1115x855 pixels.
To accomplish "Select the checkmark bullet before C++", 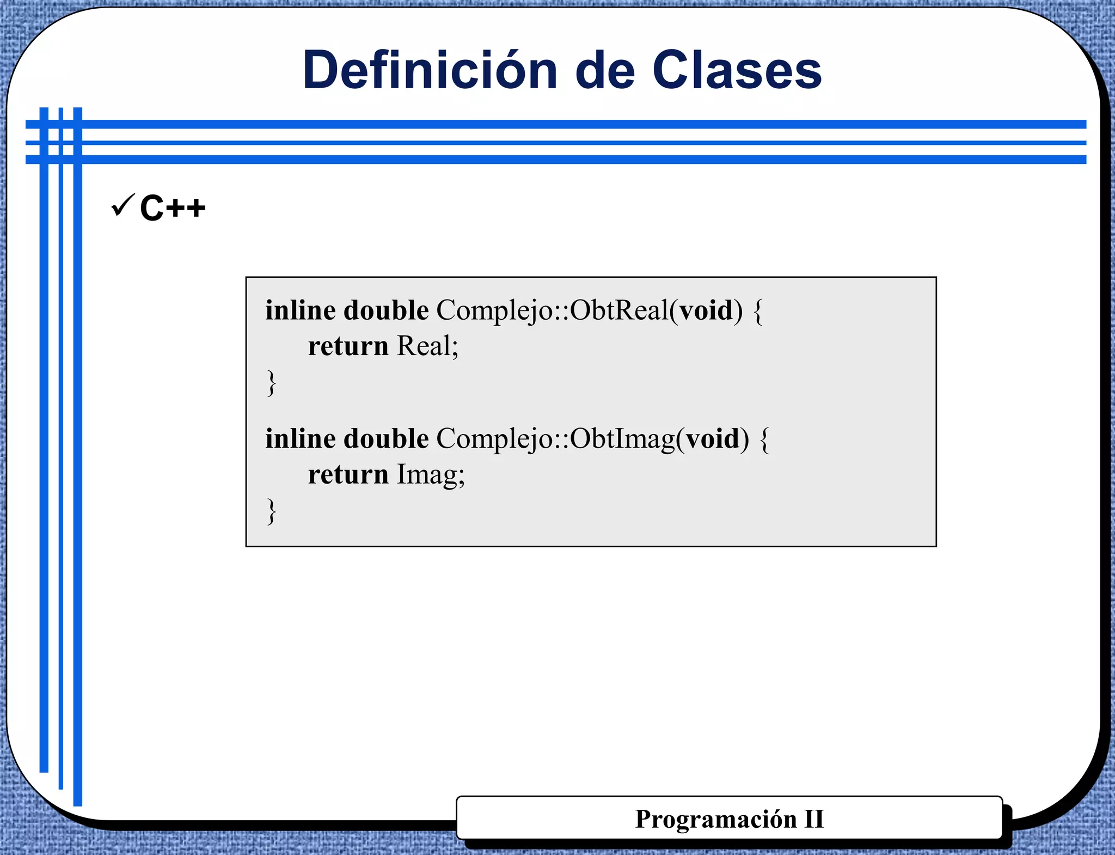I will [x=122, y=205].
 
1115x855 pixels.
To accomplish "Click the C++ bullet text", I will [x=173, y=207].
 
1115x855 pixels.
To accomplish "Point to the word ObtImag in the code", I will [x=622, y=439].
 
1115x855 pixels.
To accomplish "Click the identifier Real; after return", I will [x=427, y=346].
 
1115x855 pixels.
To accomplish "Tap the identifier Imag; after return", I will [x=430, y=474].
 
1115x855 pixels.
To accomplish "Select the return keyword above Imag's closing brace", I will [x=348, y=474].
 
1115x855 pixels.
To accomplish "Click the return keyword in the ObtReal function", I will [x=348, y=346].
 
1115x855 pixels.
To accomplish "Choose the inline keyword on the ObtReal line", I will [x=301, y=310].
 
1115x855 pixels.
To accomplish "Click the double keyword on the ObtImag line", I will [x=386, y=439].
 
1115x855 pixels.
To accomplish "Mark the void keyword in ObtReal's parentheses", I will [x=706, y=310].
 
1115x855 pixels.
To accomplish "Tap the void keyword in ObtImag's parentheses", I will [x=713, y=439].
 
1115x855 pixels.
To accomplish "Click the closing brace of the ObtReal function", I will [x=271, y=383].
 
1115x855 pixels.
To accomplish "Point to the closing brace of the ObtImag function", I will [x=271, y=511].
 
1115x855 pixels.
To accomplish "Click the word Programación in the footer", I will [x=716, y=819].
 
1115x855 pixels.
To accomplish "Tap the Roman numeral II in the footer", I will [x=814, y=819].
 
